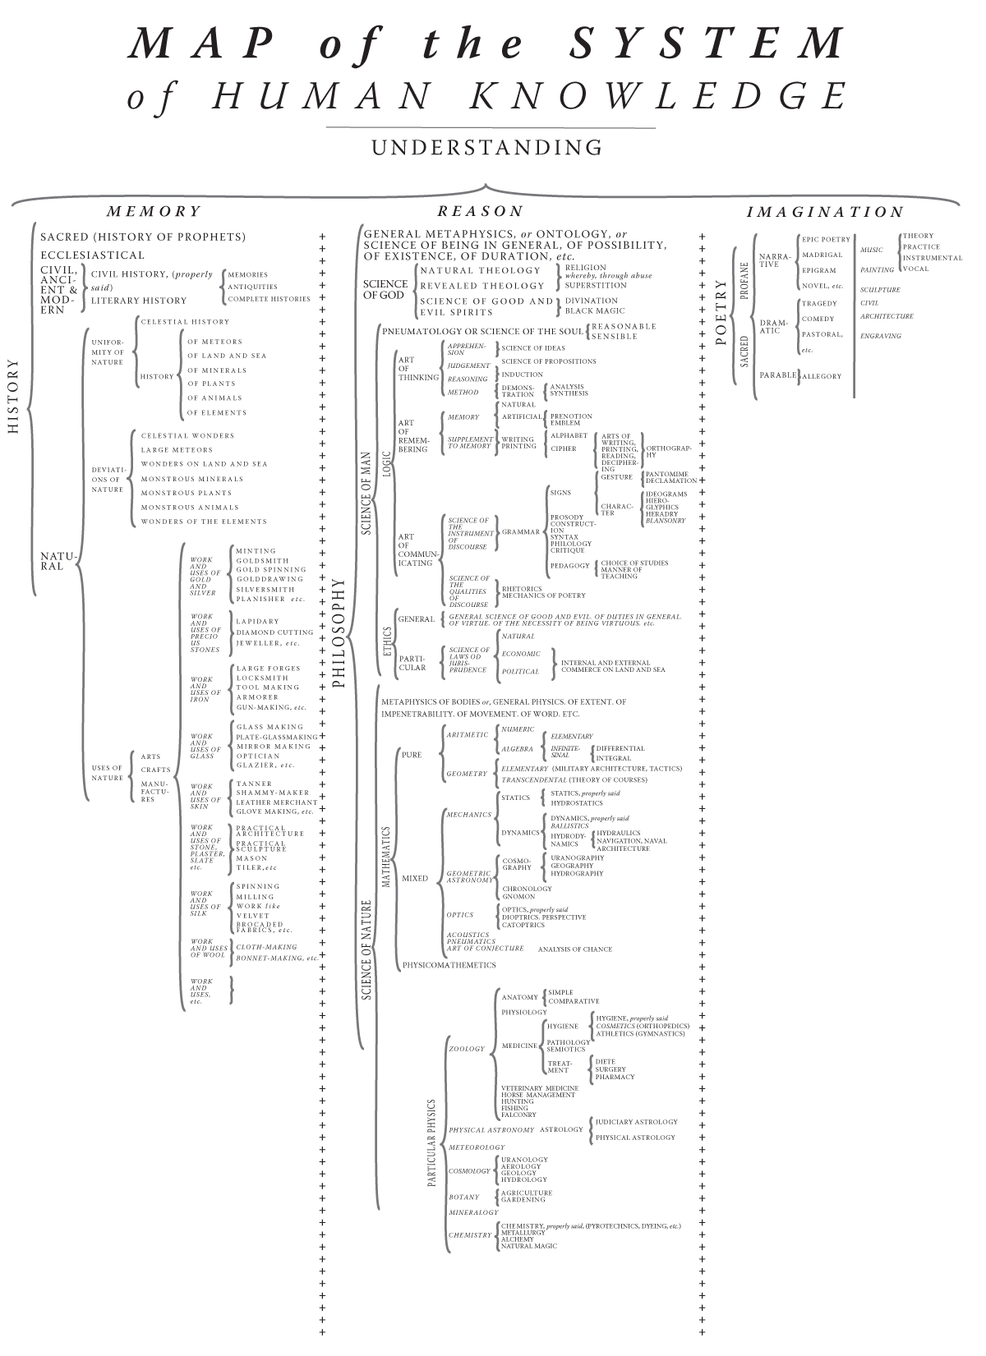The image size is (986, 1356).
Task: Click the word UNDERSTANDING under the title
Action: [x=486, y=148]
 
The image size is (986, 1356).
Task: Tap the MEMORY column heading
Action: [x=154, y=211]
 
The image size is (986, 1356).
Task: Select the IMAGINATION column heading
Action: [x=825, y=212]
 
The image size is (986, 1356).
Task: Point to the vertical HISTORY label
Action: [x=13, y=396]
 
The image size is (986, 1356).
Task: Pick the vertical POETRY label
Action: [x=722, y=313]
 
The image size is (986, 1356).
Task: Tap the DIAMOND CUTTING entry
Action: [x=274, y=632]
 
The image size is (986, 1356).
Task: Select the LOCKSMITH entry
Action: [x=262, y=678]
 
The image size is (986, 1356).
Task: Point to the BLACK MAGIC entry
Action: [x=595, y=310]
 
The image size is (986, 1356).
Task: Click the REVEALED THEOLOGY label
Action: [x=482, y=285]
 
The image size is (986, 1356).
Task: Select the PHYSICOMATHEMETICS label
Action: [x=449, y=965]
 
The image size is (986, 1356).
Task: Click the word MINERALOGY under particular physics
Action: [x=473, y=1212]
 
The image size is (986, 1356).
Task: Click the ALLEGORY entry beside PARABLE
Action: [x=821, y=376]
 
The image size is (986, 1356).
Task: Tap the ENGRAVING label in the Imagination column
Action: [x=880, y=336]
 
